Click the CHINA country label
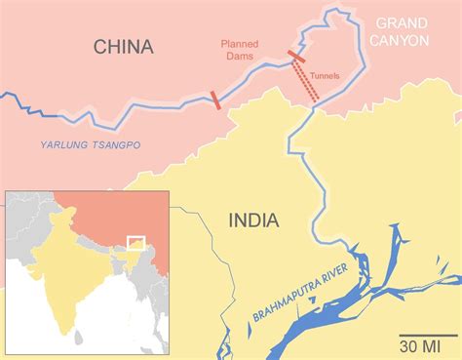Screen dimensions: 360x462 (125, 47)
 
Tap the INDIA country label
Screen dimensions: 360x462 (252, 220)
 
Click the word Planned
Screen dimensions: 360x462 (240, 44)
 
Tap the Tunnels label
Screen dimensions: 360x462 (325, 73)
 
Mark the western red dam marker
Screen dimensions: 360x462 (214, 99)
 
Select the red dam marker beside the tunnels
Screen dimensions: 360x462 (296, 56)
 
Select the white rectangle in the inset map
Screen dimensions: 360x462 (135, 242)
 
